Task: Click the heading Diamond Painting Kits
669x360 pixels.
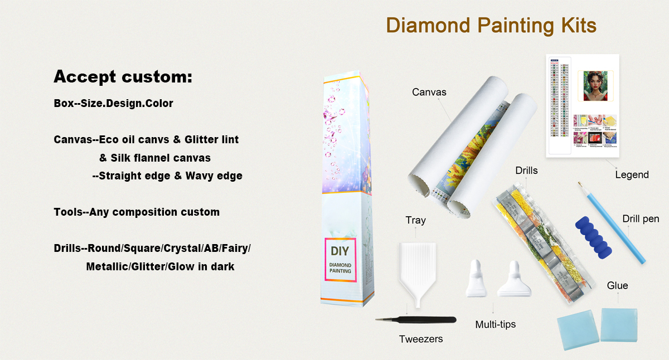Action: point(491,26)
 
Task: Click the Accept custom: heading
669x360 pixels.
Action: point(123,77)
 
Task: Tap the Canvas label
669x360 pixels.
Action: point(429,92)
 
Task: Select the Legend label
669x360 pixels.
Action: point(632,175)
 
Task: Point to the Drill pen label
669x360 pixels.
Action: point(641,219)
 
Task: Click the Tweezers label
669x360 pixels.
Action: point(421,339)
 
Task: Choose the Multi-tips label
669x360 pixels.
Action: point(496,324)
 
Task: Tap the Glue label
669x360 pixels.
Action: point(617,286)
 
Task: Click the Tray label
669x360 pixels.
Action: point(415,220)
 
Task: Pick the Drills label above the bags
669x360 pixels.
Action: point(526,171)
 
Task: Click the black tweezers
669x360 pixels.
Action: point(415,320)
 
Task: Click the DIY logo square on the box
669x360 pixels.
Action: point(340,260)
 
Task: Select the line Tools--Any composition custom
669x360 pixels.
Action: point(137,212)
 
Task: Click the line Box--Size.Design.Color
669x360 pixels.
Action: point(113,104)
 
